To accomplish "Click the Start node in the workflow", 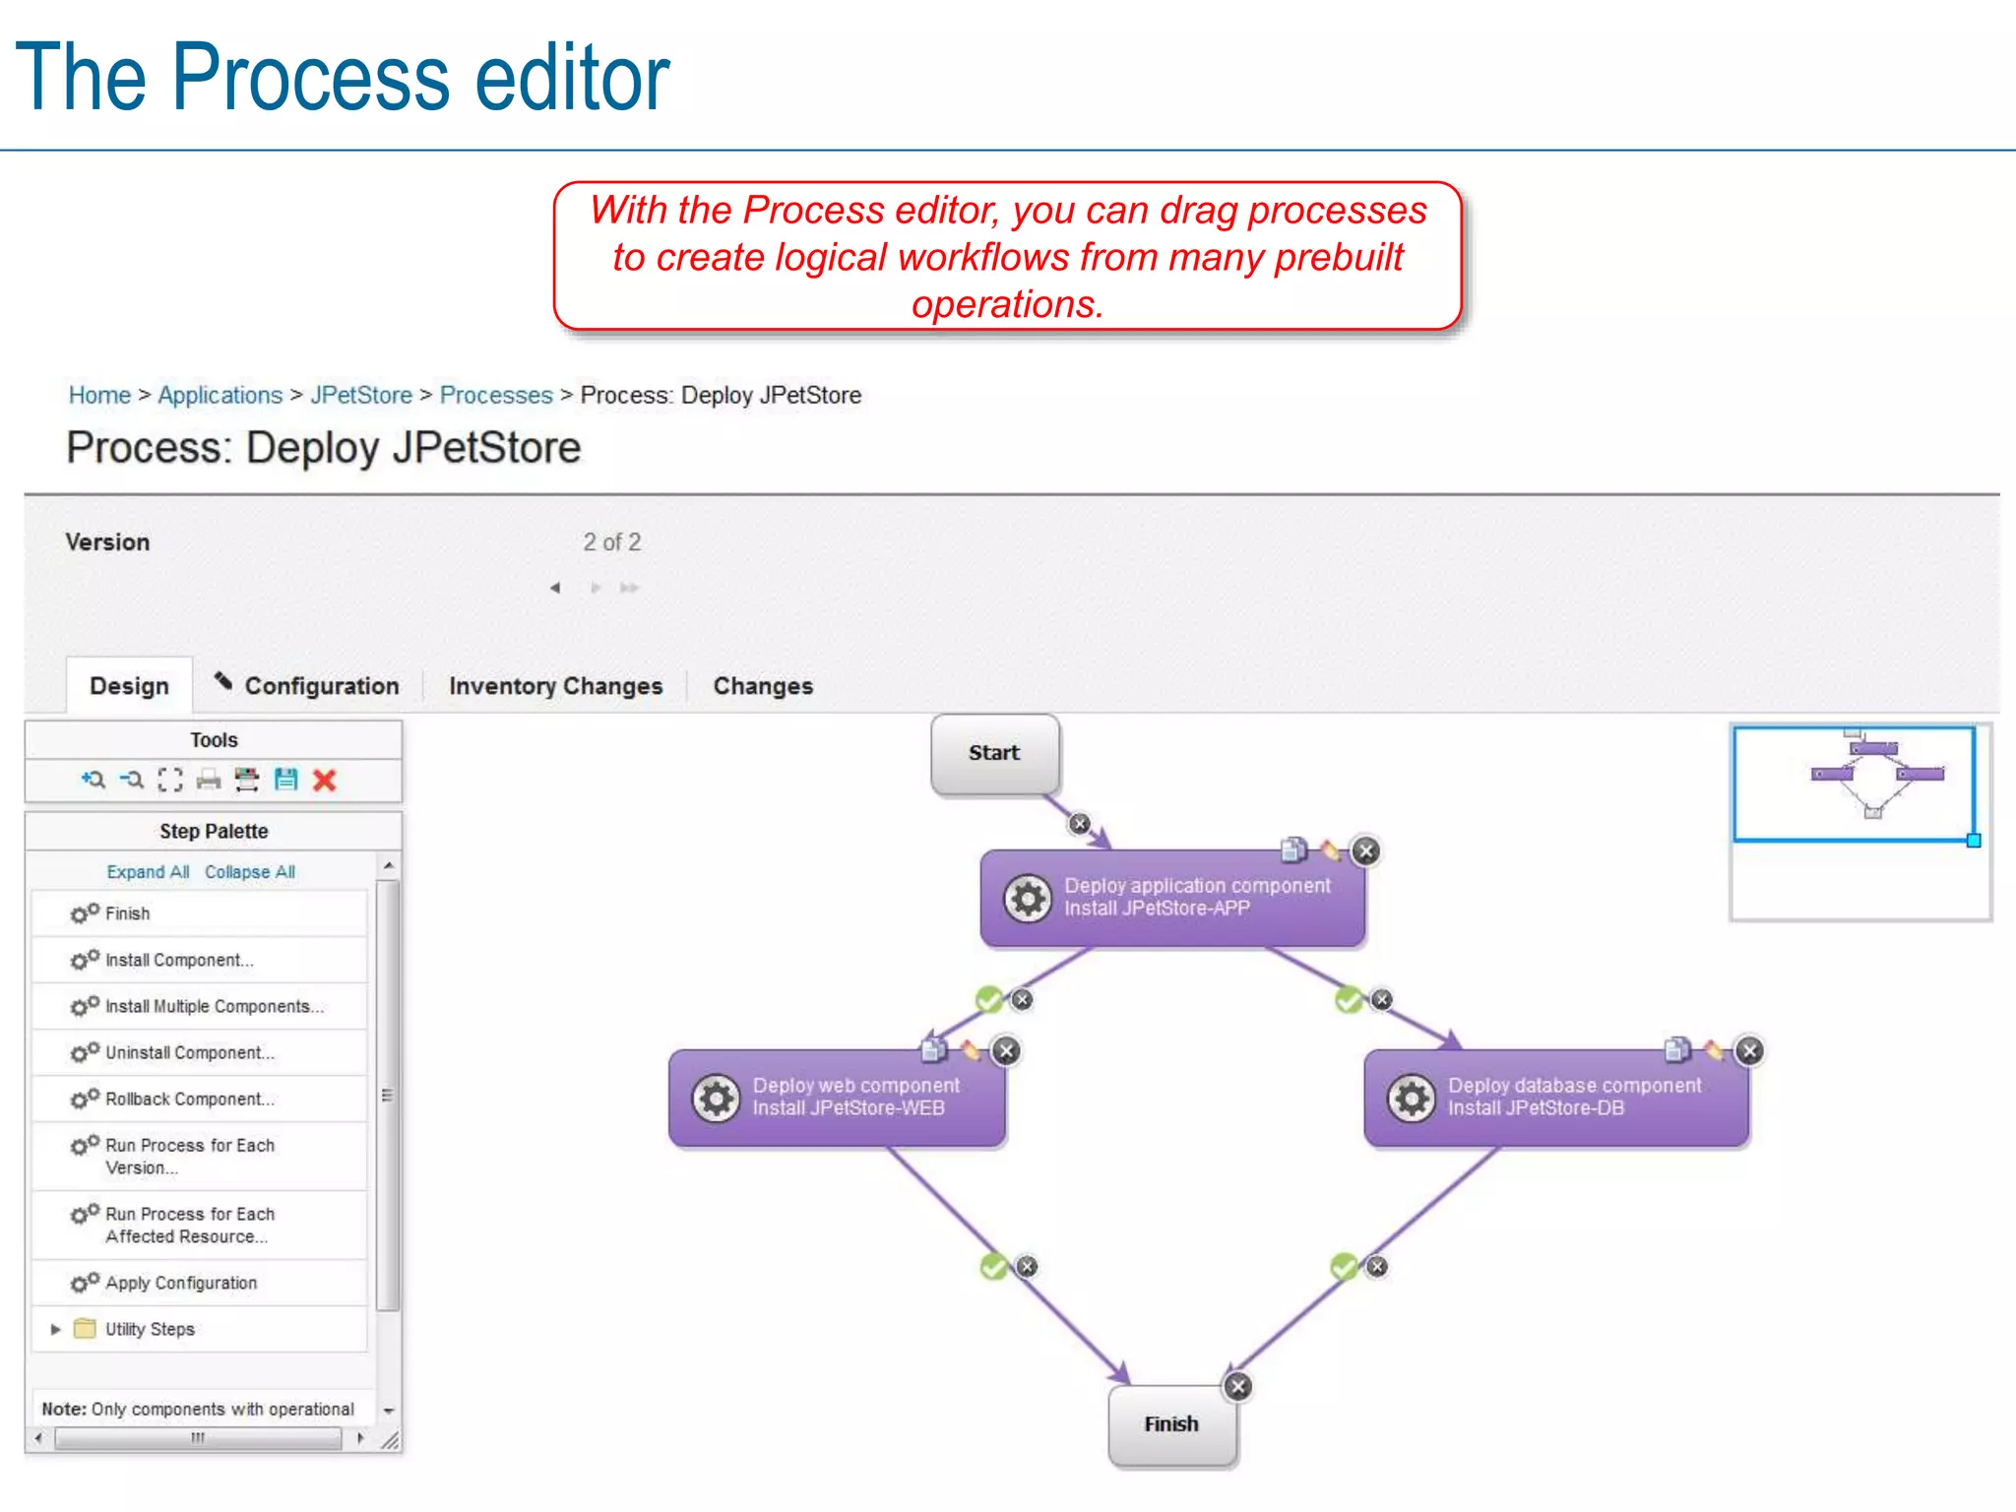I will click(x=994, y=753).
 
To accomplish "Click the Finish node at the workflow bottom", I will click(x=1171, y=1424).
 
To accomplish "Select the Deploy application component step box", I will click(x=1171, y=898).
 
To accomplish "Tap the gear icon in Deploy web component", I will click(x=716, y=1098).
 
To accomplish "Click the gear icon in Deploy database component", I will click(x=1411, y=1098).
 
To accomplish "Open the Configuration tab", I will click(x=321, y=686).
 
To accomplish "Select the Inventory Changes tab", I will click(x=555, y=686).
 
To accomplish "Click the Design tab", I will click(x=129, y=686).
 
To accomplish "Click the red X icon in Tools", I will click(x=324, y=781).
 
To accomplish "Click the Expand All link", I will click(x=148, y=872).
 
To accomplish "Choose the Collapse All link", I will click(x=250, y=872).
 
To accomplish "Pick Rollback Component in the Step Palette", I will click(x=189, y=1099).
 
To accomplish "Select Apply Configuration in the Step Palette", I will click(x=181, y=1283).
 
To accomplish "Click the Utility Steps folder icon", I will click(x=86, y=1329).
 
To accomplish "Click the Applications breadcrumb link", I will click(x=220, y=395).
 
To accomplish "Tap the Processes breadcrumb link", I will click(x=496, y=395).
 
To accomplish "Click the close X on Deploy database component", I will click(x=1749, y=1050).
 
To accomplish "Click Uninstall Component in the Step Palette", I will click(x=189, y=1052).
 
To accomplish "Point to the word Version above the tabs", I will click(x=107, y=542).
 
